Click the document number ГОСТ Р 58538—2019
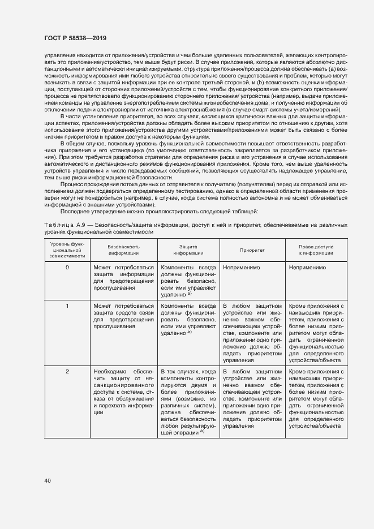click(x=75, y=37)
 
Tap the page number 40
click(x=48, y=481)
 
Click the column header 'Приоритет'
click(x=252, y=250)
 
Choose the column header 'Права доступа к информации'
click(x=317, y=250)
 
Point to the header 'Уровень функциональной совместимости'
click(x=67, y=250)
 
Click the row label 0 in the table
click(x=67, y=267)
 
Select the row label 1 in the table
click(x=67, y=306)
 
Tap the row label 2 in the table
click(x=67, y=371)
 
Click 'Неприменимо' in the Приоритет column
click(x=242, y=267)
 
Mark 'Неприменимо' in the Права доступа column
click(x=307, y=267)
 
